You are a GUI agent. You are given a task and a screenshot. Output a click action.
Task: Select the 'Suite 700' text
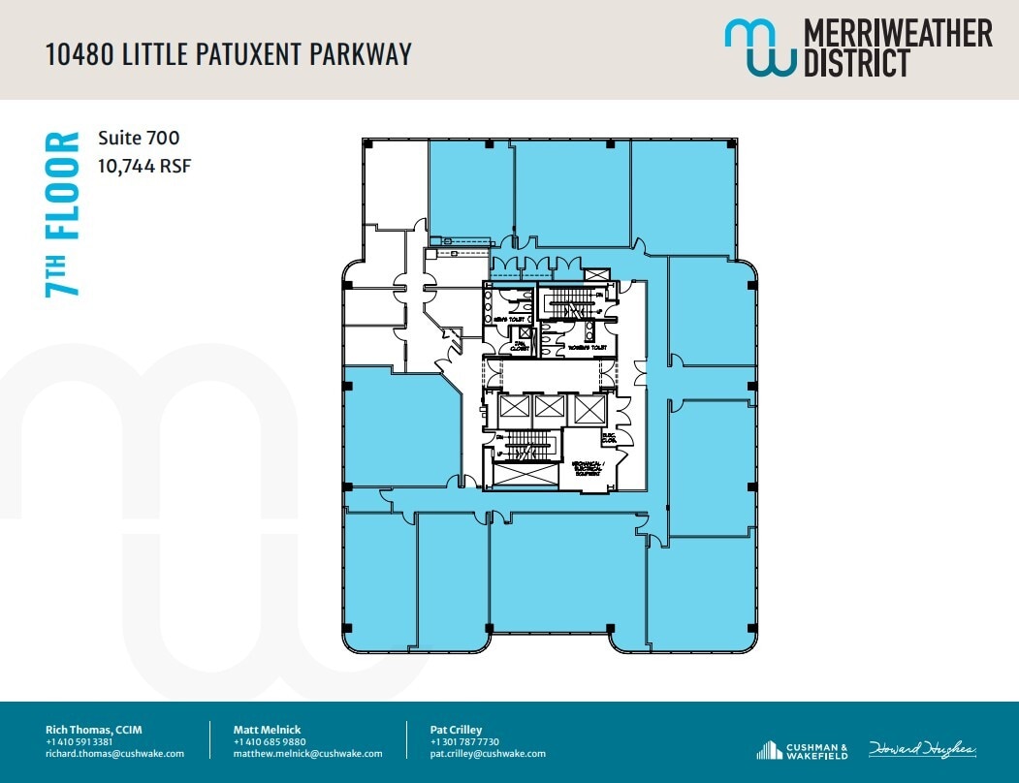[139, 139]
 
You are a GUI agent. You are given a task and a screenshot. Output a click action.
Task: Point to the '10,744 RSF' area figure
[144, 166]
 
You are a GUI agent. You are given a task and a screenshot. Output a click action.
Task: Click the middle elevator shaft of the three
[549, 408]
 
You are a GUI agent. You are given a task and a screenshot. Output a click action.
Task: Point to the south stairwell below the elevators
[524, 446]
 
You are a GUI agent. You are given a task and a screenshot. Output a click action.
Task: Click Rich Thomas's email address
[114, 753]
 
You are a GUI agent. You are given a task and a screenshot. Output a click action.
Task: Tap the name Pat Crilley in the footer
[456, 729]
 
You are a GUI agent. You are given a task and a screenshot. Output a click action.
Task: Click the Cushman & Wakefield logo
[802, 749]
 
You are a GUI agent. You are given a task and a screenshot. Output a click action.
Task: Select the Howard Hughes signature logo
[922, 749]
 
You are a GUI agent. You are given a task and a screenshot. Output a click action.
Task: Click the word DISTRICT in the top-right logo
[856, 63]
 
